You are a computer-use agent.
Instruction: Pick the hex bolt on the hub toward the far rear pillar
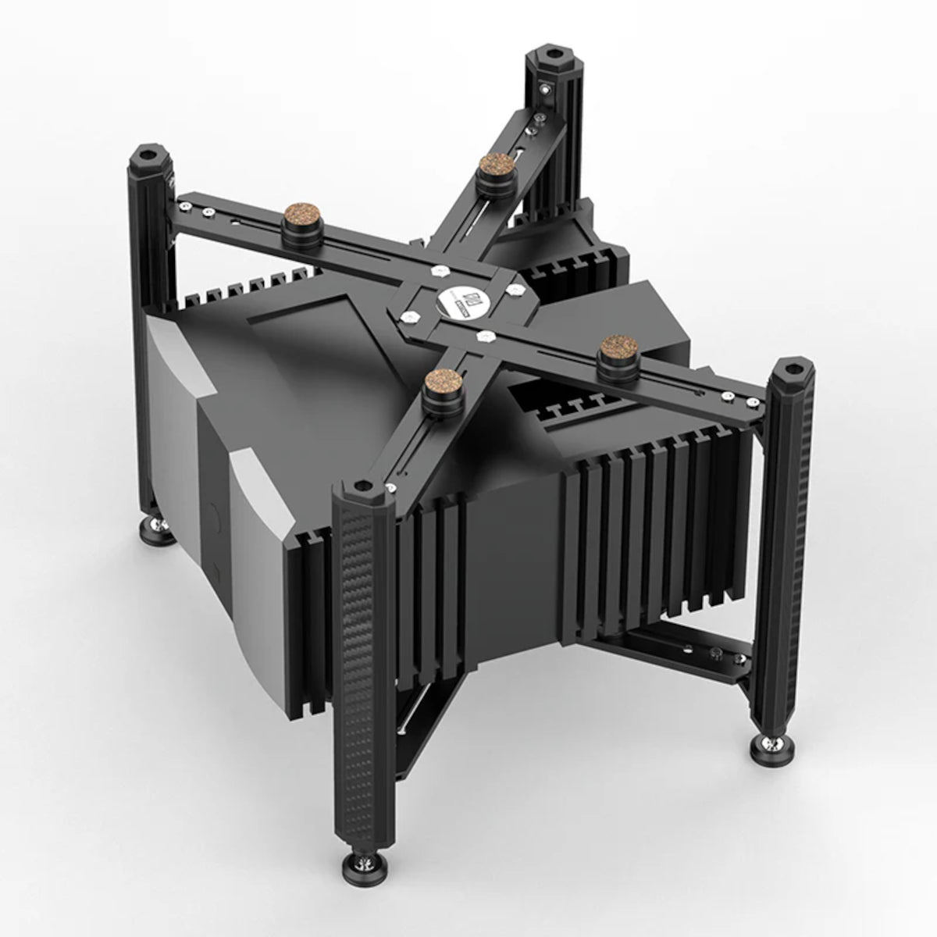pos(513,289)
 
